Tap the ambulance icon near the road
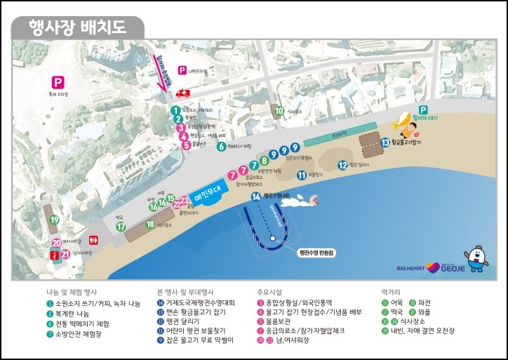coord(184,93)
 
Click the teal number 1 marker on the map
coord(175,110)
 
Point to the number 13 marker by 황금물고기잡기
coord(385,142)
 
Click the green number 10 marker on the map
coord(279,110)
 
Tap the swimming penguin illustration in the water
coord(302,202)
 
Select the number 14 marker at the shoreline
coord(256,196)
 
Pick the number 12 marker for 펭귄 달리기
coord(343,166)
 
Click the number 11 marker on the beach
coord(301,175)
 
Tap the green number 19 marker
coord(53,220)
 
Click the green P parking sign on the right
coord(423,110)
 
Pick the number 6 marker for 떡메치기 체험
coord(221,147)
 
